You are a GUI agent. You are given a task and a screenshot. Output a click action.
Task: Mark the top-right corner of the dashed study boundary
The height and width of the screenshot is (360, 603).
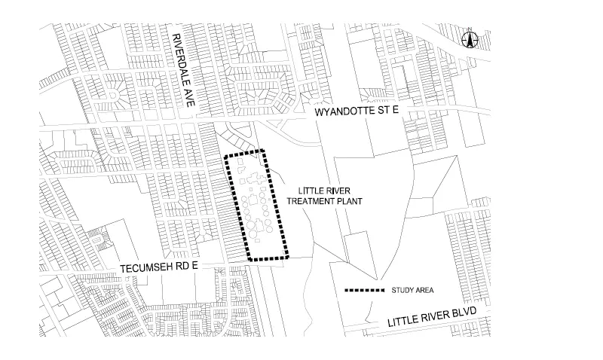click(x=262, y=150)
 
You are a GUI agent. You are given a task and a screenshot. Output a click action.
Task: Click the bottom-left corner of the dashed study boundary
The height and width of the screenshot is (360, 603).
click(x=249, y=260)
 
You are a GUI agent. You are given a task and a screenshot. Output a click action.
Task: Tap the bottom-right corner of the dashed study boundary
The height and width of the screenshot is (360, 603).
click(x=289, y=258)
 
